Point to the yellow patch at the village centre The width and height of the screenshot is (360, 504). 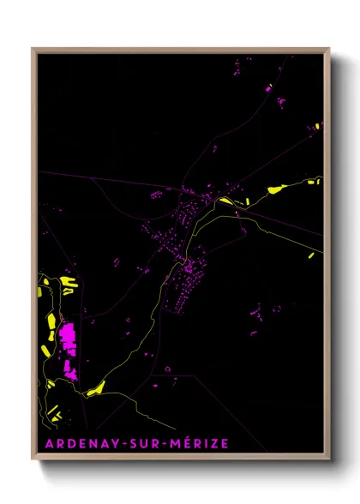point(225,201)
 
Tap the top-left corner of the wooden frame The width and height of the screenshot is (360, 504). point(33,49)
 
